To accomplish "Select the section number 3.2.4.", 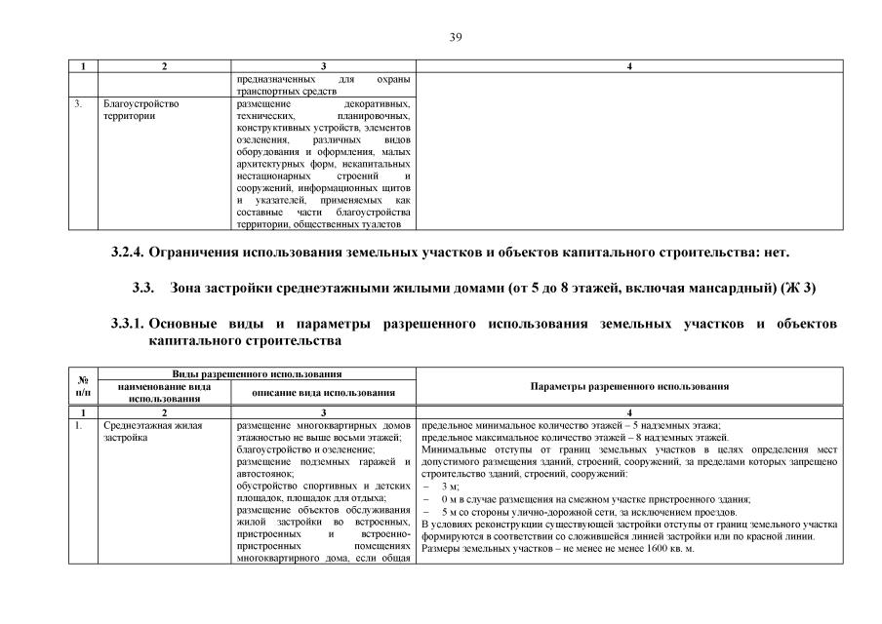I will pyautogui.click(x=127, y=253).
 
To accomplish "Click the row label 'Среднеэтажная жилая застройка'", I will pyautogui.click(x=148, y=432).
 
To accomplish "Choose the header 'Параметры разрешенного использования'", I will pyautogui.click(x=629, y=387).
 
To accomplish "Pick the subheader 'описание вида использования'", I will pyautogui.click(x=323, y=393).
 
